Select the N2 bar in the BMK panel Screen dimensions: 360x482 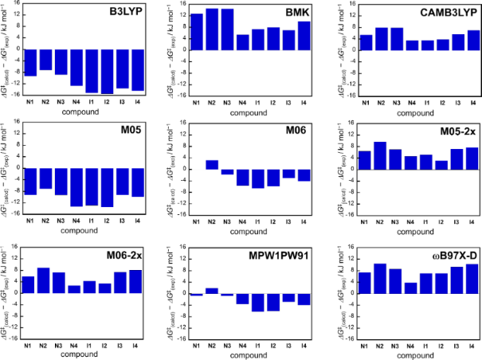pyautogui.click(x=212, y=29)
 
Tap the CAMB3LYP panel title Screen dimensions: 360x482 pyautogui.click(x=449, y=14)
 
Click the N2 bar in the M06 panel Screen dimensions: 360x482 pyautogui.click(x=212, y=165)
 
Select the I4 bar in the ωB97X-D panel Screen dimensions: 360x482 pyautogui.click(x=472, y=279)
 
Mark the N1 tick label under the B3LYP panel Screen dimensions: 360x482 pyautogui.click(x=32, y=102)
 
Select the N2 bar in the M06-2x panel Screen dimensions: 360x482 pyautogui.click(x=44, y=280)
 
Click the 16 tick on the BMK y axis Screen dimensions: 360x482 pyautogui.click(x=183, y=4)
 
